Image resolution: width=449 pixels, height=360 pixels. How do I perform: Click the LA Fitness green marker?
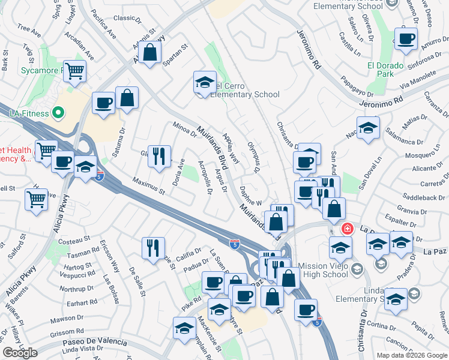click(x=58, y=112)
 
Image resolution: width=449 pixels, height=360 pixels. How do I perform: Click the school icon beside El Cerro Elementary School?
click(x=205, y=82)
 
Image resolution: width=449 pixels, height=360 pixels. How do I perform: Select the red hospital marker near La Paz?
click(x=347, y=229)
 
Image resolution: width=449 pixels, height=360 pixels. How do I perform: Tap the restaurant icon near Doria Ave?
click(x=159, y=155)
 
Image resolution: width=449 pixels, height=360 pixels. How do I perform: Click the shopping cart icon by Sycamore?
click(x=75, y=71)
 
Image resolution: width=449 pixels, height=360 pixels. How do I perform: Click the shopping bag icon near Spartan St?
click(x=151, y=52)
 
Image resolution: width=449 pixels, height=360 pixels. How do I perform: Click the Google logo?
click(x=20, y=352)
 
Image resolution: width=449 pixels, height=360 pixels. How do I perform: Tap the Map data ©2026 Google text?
click(x=412, y=355)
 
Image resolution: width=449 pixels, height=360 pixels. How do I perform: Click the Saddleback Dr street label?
click(x=420, y=197)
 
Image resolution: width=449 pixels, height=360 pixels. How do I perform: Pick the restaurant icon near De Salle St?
click(x=153, y=247)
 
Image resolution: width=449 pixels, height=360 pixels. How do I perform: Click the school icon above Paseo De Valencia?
click(x=184, y=328)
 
